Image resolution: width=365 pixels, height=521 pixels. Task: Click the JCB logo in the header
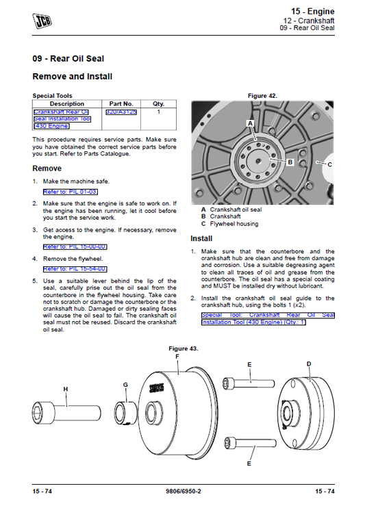pyautogui.click(x=42, y=18)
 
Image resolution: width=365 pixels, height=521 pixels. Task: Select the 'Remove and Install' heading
pyautogui.click(x=73, y=77)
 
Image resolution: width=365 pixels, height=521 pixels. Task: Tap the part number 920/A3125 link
pyautogui.click(x=121, y=111)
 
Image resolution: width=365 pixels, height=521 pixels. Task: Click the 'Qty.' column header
pyautogui.click(x=158, y=103)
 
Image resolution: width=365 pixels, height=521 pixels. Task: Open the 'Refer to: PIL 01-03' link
pyautogui.click(x=65, y=192)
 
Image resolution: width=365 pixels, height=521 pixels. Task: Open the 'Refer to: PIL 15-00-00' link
pyautogui.click(x=75, y=246)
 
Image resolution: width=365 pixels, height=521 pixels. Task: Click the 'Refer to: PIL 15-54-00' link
pyautogui.click(x=75, y=269)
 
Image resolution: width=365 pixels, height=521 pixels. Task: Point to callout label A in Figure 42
pyautogui.click(x=250, y=123)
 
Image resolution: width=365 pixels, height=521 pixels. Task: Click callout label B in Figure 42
pyautogui.click(x=290, y=162)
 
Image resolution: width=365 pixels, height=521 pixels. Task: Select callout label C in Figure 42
pyautogui.click(x=329, y=164)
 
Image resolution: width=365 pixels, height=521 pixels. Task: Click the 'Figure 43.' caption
pyautogui.click(x=183, y=348)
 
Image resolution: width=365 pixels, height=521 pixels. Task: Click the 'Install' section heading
pyautogui.click(x=201, y=238)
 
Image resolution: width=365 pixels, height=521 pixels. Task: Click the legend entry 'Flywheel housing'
pyautogui.click(x=234, y=224)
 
